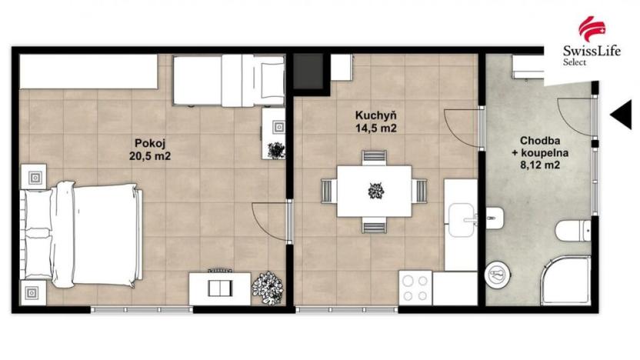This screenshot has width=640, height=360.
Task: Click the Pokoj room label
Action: (x=150, y=142)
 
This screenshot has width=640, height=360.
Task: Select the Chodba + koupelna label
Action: (x=538, y=152)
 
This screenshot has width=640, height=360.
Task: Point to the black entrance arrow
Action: (x=620, y=115)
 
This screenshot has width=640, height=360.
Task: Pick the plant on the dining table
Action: (x=375, y=190)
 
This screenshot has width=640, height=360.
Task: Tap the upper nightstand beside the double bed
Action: (x=35, y=177)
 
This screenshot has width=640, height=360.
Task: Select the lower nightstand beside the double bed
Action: (x=35, y=292)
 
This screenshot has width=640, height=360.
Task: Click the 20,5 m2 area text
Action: (x=150, y=155)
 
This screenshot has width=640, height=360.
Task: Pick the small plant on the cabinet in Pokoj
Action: (x=275, y=150)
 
